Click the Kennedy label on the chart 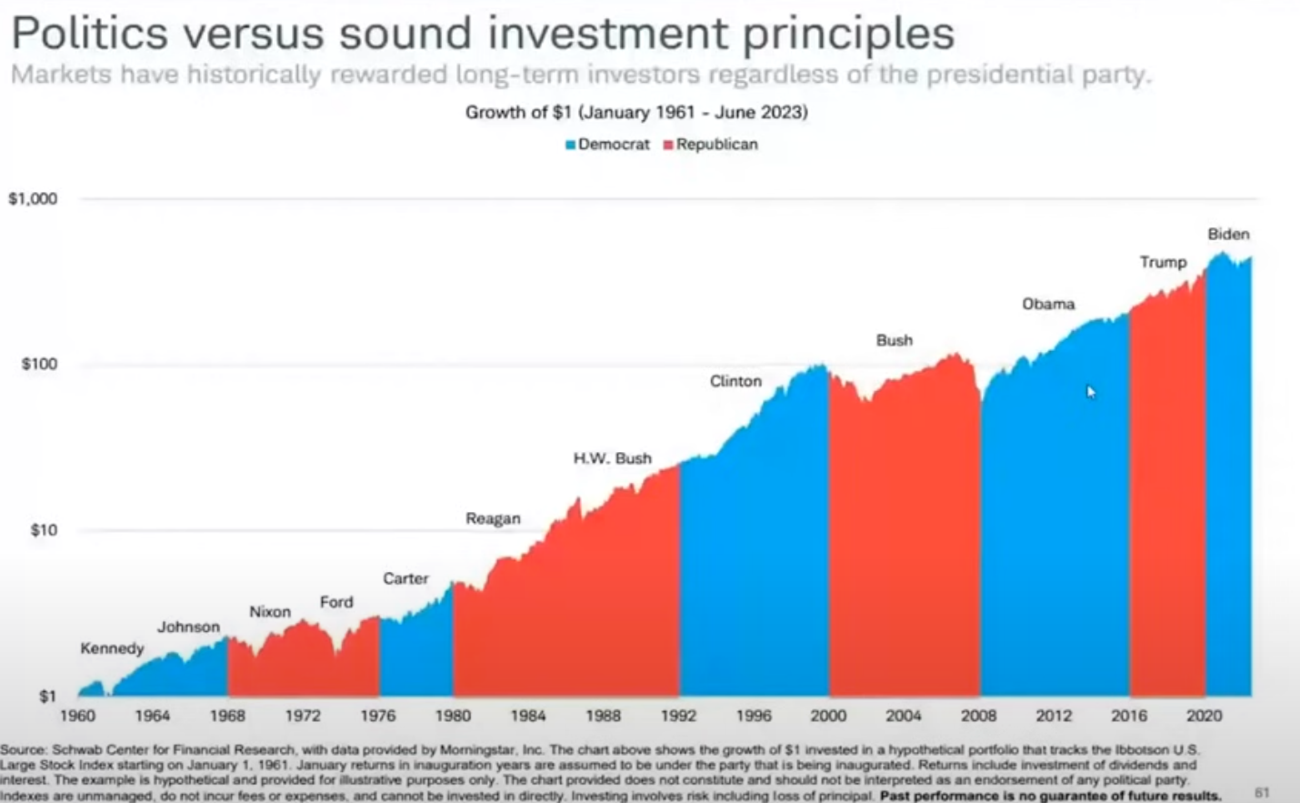pyautogui.click(x=112, y=648)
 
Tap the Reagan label pyautogui.click(x=493, y=518)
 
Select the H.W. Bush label pyautogui.click(x=612, y=458)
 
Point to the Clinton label pyautogui.click(x=735, y=381)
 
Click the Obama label pyautogui.click(x=1048, y=304)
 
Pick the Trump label pyautogui.click(x=1163, y=262)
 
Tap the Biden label pyautogui.click(x=1228, y=234)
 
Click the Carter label pyautogui.click(x=405, y=578)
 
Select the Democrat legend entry pyautogui.click(x=608, y=145)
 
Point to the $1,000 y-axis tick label pyautogui.click(x=33, y=199)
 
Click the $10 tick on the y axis pyautogui.click(x=44, y=530)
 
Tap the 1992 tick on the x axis pyautogui.click(x=678, y=716)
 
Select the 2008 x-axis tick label pyautogui.click(x=978, y=716)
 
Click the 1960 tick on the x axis pyautogui.click(x=77, y=716)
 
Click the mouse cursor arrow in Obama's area pyautogui.click(x=1091, y=392)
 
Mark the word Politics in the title pyautogui.click(x=90, y=35)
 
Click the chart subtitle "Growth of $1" pyautogui.click(x=636, y=112)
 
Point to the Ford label pyautogui.click(x=336, y=602)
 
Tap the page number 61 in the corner pyautogui.click(x=1262, y=793)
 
